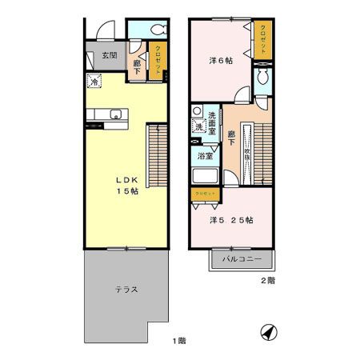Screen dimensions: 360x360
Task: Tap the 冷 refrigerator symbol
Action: point(94,81)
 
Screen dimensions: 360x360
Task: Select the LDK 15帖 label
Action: point(125,186)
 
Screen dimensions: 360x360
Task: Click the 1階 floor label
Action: point(178,342)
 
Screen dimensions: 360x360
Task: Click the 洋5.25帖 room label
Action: point(232,219)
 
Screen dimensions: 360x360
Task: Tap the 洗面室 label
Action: point(214,120)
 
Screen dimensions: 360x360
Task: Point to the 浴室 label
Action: point(206,156)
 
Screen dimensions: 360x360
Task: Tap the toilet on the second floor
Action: point(260,78)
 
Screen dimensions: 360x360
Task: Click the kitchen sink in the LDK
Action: point(114,113)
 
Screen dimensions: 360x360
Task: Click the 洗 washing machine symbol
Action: point(197,126)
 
